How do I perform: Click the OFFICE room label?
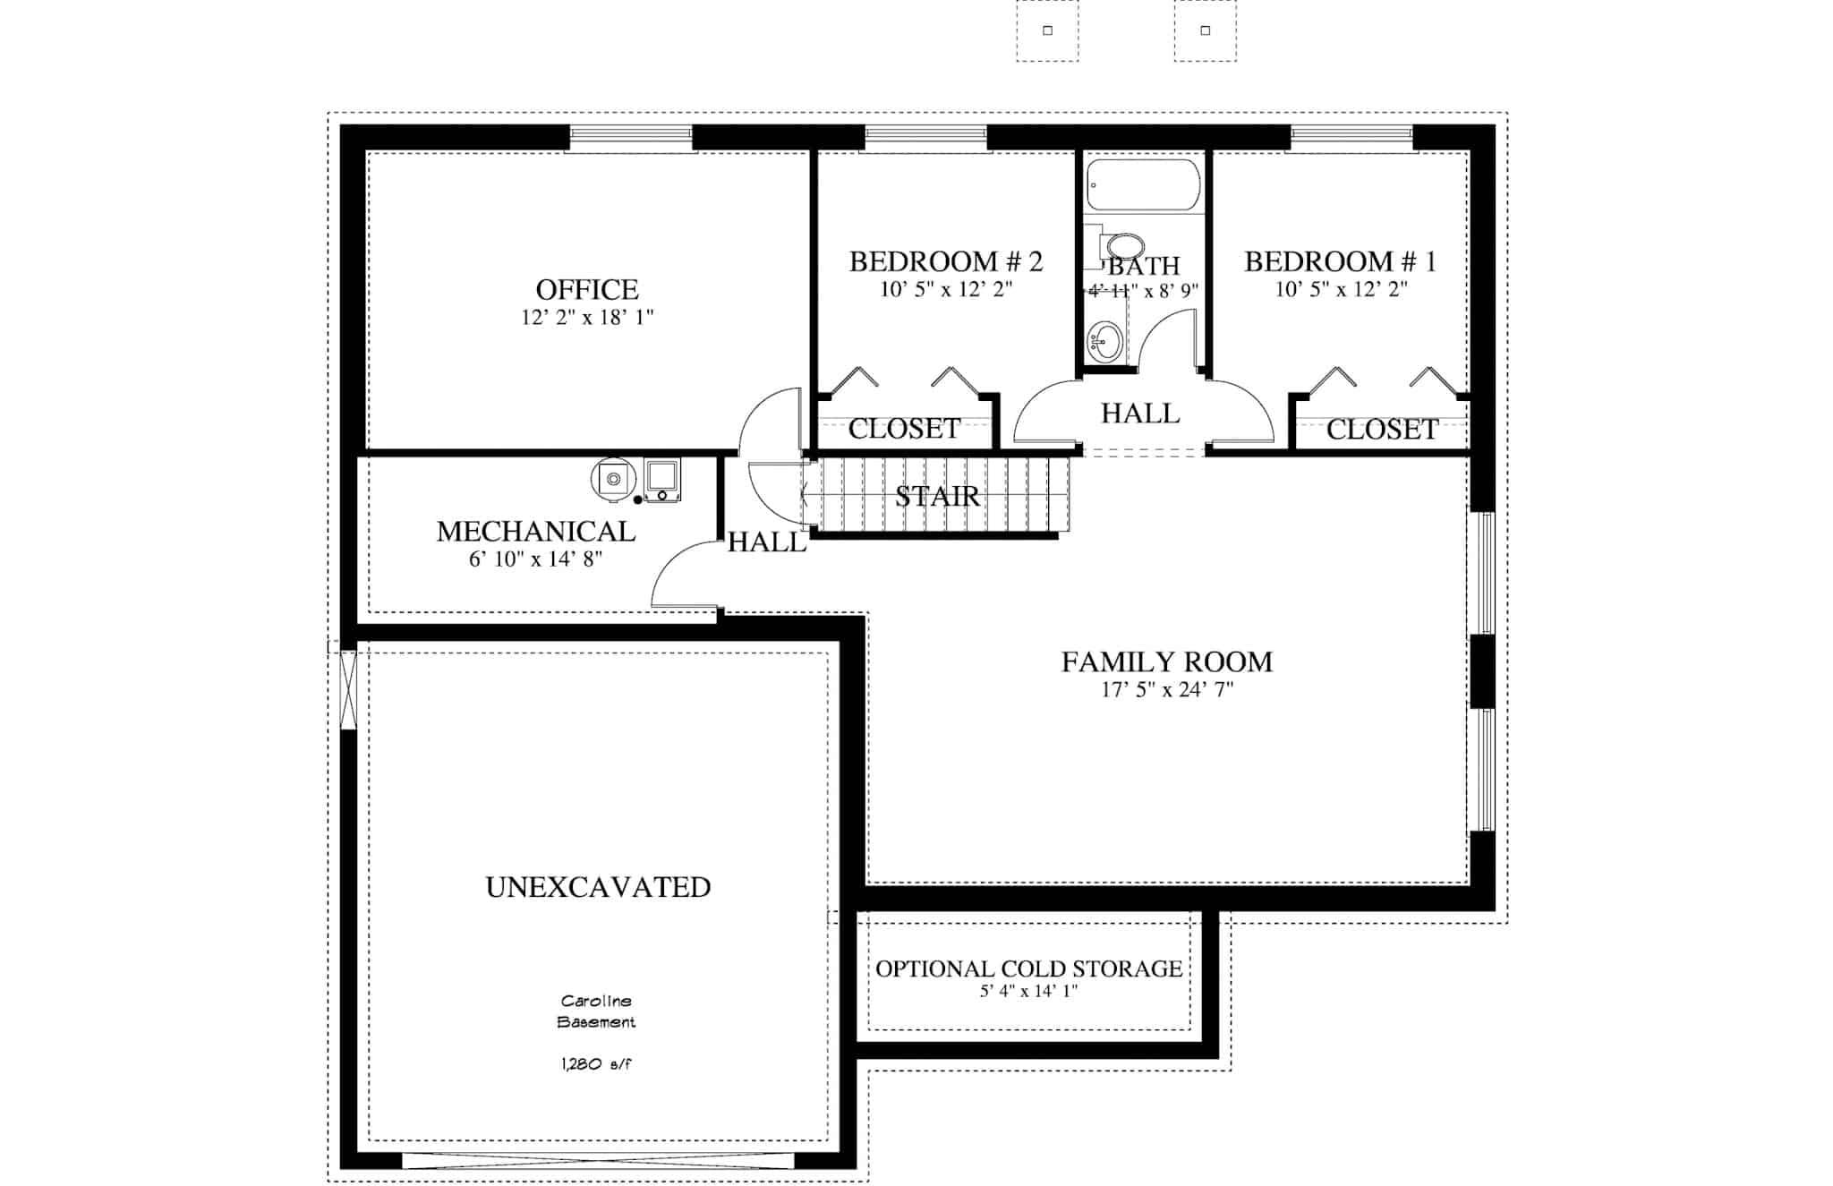[x=587, y=290]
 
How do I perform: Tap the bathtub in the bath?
[x=1142, y=185]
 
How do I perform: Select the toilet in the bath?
[x=1122, y=246]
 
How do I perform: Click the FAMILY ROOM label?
[x=1166, y=662]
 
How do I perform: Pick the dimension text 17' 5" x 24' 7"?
[x=1166, y=690]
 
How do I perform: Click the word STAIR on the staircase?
[x=937, y=497]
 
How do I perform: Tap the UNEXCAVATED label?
[x=598, y=887]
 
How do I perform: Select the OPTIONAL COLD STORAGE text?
[x=1028, y=968]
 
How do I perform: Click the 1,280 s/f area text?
[x=596, y=1064]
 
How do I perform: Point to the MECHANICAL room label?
[x=535, y=532]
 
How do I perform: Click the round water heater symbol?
[x=613, y=479]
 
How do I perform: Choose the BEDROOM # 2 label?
[x=945, y=261]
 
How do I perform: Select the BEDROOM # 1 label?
[x=1340, y=261]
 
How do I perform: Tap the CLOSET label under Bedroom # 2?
[x=904, y=429]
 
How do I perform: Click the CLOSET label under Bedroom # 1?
[x=1382, y=430]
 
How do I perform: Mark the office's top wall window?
[x=631, y=137]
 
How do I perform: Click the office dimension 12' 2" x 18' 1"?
[x=587, y=318]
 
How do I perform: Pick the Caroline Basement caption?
[x=596, y=1011]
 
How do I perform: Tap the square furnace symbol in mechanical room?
[x=662, y=479]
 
